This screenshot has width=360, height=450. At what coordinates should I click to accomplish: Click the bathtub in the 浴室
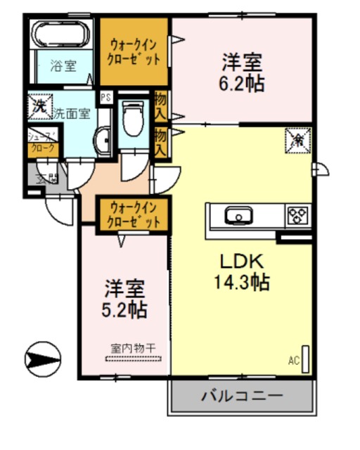click(x=61, y=34)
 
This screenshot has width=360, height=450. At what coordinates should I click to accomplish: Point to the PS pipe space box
click(x=106, y=97)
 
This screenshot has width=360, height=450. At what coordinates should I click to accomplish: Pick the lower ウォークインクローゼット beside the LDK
click(x=133, y=214)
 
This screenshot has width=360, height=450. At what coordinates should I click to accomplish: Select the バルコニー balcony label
click(x=242, y=395)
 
